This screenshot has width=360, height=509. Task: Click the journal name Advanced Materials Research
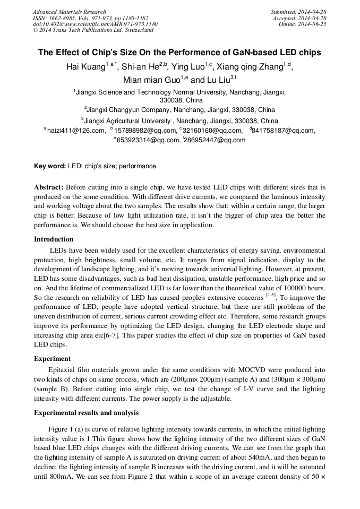pyautogui.click(x=69, y=12)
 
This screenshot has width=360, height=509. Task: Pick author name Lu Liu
pyautogui.click(x=218, y=80)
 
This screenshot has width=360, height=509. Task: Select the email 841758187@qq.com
pyautogui.click(x=283, y=131)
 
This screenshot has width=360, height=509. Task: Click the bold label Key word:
pyautogui.click(x=50, y=166)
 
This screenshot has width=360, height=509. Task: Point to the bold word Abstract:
pyautogui.click(x=49, y=188)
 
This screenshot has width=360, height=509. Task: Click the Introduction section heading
pyautogui.click(x=54, y=239)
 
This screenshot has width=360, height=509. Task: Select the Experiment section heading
pyautogui.click(x=52, y=359)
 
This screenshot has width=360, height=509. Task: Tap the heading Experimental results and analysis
pyautogui.click(x=86, y=412)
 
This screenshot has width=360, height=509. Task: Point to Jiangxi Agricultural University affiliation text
pyautogui.click(x=129, y=120)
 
